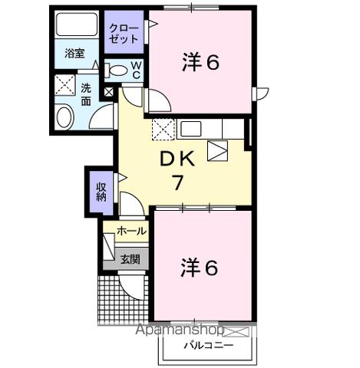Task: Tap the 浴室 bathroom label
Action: [74, 54]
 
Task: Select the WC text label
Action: [135, 71]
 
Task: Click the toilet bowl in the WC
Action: [117, 71]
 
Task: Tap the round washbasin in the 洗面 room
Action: [64, 117]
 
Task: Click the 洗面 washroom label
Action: [87, 94]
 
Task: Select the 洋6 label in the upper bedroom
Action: [201, 63]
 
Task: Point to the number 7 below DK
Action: [177, 182]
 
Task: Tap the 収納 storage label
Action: [101, 191]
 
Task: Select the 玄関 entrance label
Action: [130, 259]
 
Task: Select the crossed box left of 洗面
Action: [64, 84]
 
